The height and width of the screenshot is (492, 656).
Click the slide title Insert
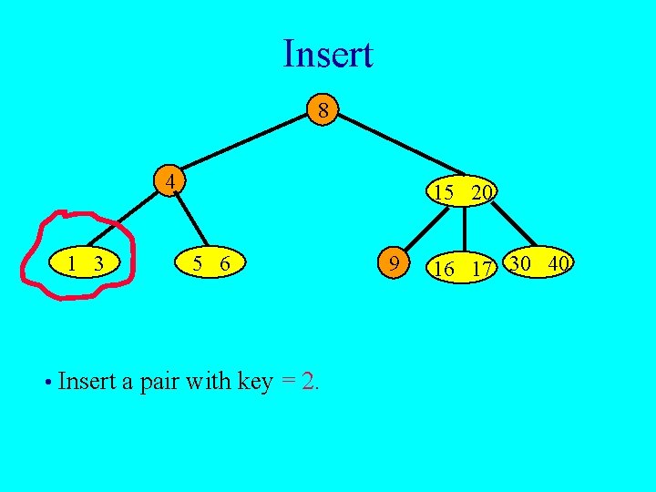(x=327, y=54)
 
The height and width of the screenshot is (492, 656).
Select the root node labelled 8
(x=322, y=111)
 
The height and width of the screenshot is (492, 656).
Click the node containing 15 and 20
(x=463, y=191)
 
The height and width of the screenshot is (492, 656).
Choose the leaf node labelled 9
(x=393, y=263)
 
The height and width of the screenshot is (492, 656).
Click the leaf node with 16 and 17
(x=463, y=268)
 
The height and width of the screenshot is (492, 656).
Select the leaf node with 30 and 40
(x=539, y=263)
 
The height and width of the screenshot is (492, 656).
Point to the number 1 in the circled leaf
(x=72, y=264)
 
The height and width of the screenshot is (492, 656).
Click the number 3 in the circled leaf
(x=97, y=264)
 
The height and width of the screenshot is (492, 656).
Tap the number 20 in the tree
(x=483, y=192)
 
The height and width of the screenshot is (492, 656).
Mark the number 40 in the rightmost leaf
(x=559, y=263)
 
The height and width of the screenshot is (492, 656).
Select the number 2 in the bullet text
(x=308, y=381)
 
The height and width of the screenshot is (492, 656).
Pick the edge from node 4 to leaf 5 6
(x=191, y=221)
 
